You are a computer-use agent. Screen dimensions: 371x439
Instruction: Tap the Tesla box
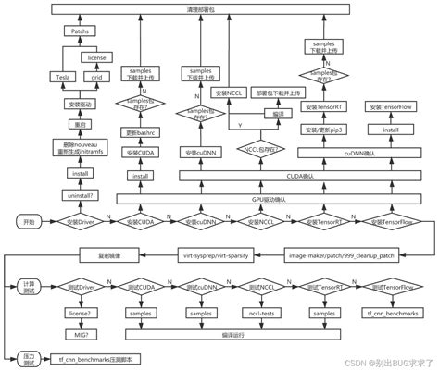[65, 77]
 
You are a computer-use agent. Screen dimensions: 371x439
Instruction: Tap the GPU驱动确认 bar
[243, 199]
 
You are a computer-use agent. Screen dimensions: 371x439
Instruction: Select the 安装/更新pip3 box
[322, 130]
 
